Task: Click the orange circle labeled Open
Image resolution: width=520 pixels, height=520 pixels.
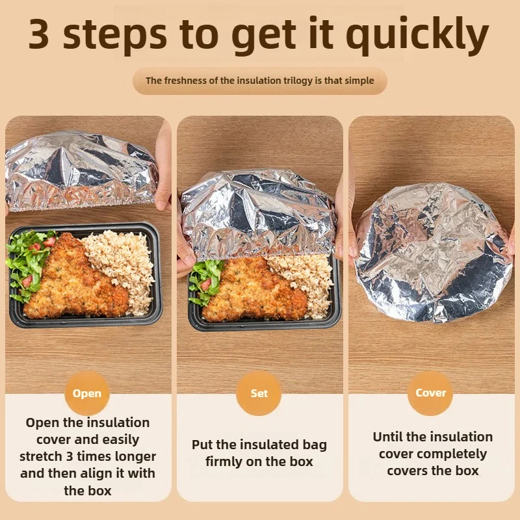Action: coord(87,393)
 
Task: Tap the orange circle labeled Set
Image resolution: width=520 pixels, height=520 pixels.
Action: coord(259,393)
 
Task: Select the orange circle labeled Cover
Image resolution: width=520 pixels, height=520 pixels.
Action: coord(430,393)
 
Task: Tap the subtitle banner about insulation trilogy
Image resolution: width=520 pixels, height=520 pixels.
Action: coord(259,81)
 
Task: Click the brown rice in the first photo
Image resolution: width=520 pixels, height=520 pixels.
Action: coord(120,260)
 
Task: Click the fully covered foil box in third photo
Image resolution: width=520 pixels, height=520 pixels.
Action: coord(432,250)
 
